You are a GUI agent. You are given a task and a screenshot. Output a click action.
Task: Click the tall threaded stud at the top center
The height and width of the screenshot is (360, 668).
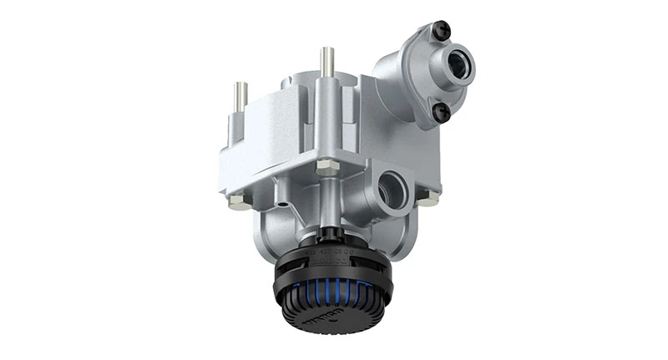(x=326, y=63)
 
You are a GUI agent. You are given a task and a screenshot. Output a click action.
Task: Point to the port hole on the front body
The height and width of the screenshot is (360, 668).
(x=392, y=189)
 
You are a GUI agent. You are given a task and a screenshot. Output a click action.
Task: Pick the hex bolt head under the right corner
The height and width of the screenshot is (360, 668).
(x=428, y=198)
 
